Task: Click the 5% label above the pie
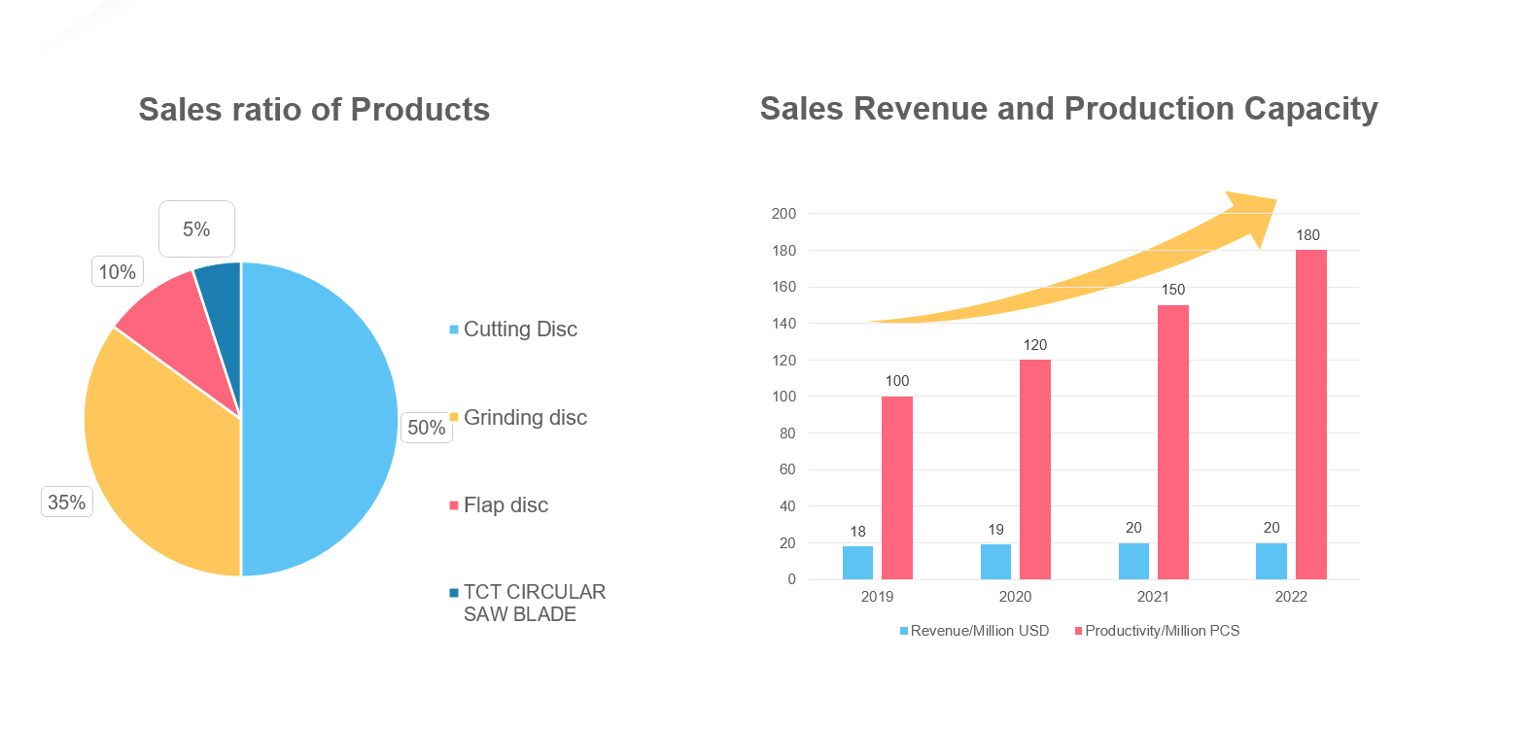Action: tap(196, 229)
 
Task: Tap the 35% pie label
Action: tap(67, 503)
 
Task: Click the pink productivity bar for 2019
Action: tap(896, 487)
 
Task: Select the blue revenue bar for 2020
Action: tap(995, 562)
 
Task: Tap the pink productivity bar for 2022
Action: tap(1310, 414)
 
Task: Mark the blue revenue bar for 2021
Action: tap(1133, 561)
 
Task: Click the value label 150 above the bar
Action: tap(1173, 290)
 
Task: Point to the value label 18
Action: tap(857, 532)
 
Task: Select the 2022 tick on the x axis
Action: tap(1291, 597)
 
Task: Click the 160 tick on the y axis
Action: tap(784, 287)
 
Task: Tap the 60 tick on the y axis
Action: tap(787, 469)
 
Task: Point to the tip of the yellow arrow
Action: tap(1274, 200)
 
